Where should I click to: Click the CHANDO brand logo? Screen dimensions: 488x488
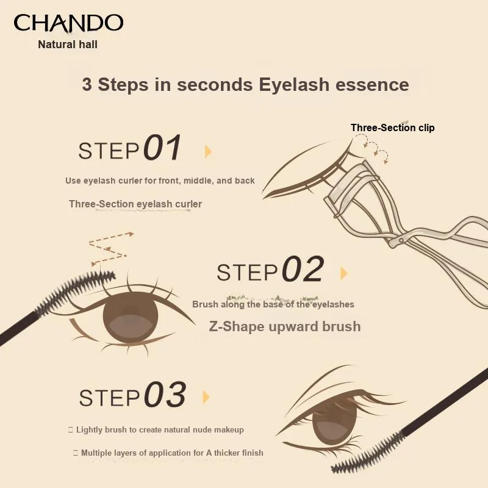(x=68, y=23)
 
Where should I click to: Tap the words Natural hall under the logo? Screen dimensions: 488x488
(x=68, y=45)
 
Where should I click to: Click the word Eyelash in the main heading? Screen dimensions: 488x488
(x=294, y=85)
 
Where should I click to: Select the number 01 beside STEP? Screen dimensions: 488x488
(x=162, y=147)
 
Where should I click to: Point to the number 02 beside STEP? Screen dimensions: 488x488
(x=303, y=269)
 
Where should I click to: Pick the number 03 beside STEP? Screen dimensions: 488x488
(x=165, y=394)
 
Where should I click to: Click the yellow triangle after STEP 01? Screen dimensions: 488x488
(x=208, y=151)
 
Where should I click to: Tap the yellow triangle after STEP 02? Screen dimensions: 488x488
(x=343, y=273)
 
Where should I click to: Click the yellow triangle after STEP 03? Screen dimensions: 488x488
(x=206, y=397)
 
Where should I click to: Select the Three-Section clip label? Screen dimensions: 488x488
(x=392, y=127)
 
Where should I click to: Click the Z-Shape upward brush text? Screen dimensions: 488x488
(x=285, y=326)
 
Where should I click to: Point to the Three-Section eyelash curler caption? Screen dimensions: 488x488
(x=135, y=204)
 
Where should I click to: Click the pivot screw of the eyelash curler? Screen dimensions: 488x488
(x=401, y=240)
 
